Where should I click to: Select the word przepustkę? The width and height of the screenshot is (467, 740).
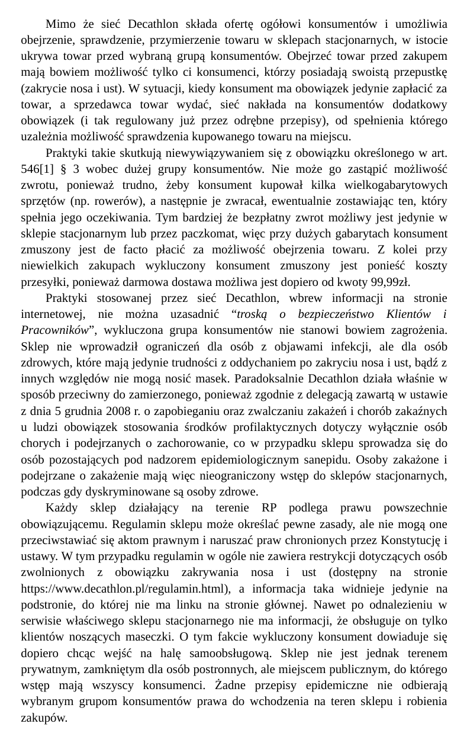pos(417,72)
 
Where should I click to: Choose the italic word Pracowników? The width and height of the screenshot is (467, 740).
pos(54,329)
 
